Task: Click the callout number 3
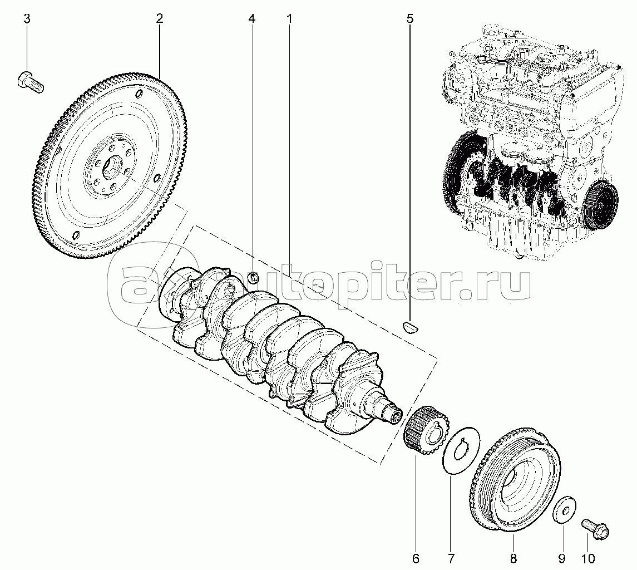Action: point(27,19)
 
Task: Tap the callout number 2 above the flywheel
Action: point(159,19)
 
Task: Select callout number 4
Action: point(252,19)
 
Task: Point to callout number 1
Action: point(290,19)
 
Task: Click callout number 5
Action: point(409,19)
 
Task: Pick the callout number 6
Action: point(416,559)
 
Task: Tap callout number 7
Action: point(451,559)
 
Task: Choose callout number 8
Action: point(513,559)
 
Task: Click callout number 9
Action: point(562,559)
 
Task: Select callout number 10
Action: point(588,559)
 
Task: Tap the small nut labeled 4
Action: point(253,278)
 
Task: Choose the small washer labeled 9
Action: point(565,508)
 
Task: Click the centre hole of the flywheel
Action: point(112,166)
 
